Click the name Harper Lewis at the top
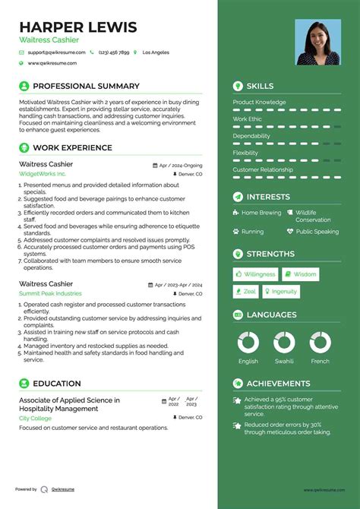pos(78,27)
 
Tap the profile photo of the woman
pos(317,43)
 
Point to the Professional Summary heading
pos(86,87)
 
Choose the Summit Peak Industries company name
pos(50,293)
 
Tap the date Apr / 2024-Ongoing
pos(181,165)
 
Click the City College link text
pos(35,419)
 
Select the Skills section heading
pos(260,87)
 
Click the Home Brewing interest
pos(261,213)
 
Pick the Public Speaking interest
pos(317,232)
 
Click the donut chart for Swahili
pos(285,342)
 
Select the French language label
pos(321,362)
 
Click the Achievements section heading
pos(278,384)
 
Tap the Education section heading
pos(57,384)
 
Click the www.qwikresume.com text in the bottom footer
pos(325,490)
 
